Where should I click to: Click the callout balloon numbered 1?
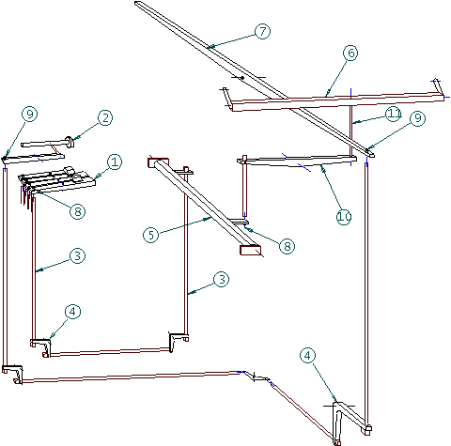pos(115,162)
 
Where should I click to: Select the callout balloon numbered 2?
pos(105,118)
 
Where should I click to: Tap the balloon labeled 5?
pos(151,235)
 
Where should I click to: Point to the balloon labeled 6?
pos(350,53)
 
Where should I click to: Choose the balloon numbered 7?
pos(262,31)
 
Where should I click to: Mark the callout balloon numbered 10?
pos(344,217)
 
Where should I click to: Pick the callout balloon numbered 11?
pos(394,114)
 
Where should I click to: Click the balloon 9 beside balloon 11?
pos(418,118)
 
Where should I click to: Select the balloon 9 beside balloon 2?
pos(30,114)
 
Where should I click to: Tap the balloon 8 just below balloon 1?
pos(78,211)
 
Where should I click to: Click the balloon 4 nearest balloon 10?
pos(308,356)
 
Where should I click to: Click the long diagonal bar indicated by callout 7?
pos(255,78)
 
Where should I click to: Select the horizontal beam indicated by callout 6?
pos(337,100)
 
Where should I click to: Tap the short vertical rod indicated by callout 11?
pos(351,131)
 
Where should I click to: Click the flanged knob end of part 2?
pos(70,142)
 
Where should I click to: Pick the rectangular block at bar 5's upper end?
pos(158,162)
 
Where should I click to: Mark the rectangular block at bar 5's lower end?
pos(250,250)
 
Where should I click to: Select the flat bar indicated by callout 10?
pos(297,161)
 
